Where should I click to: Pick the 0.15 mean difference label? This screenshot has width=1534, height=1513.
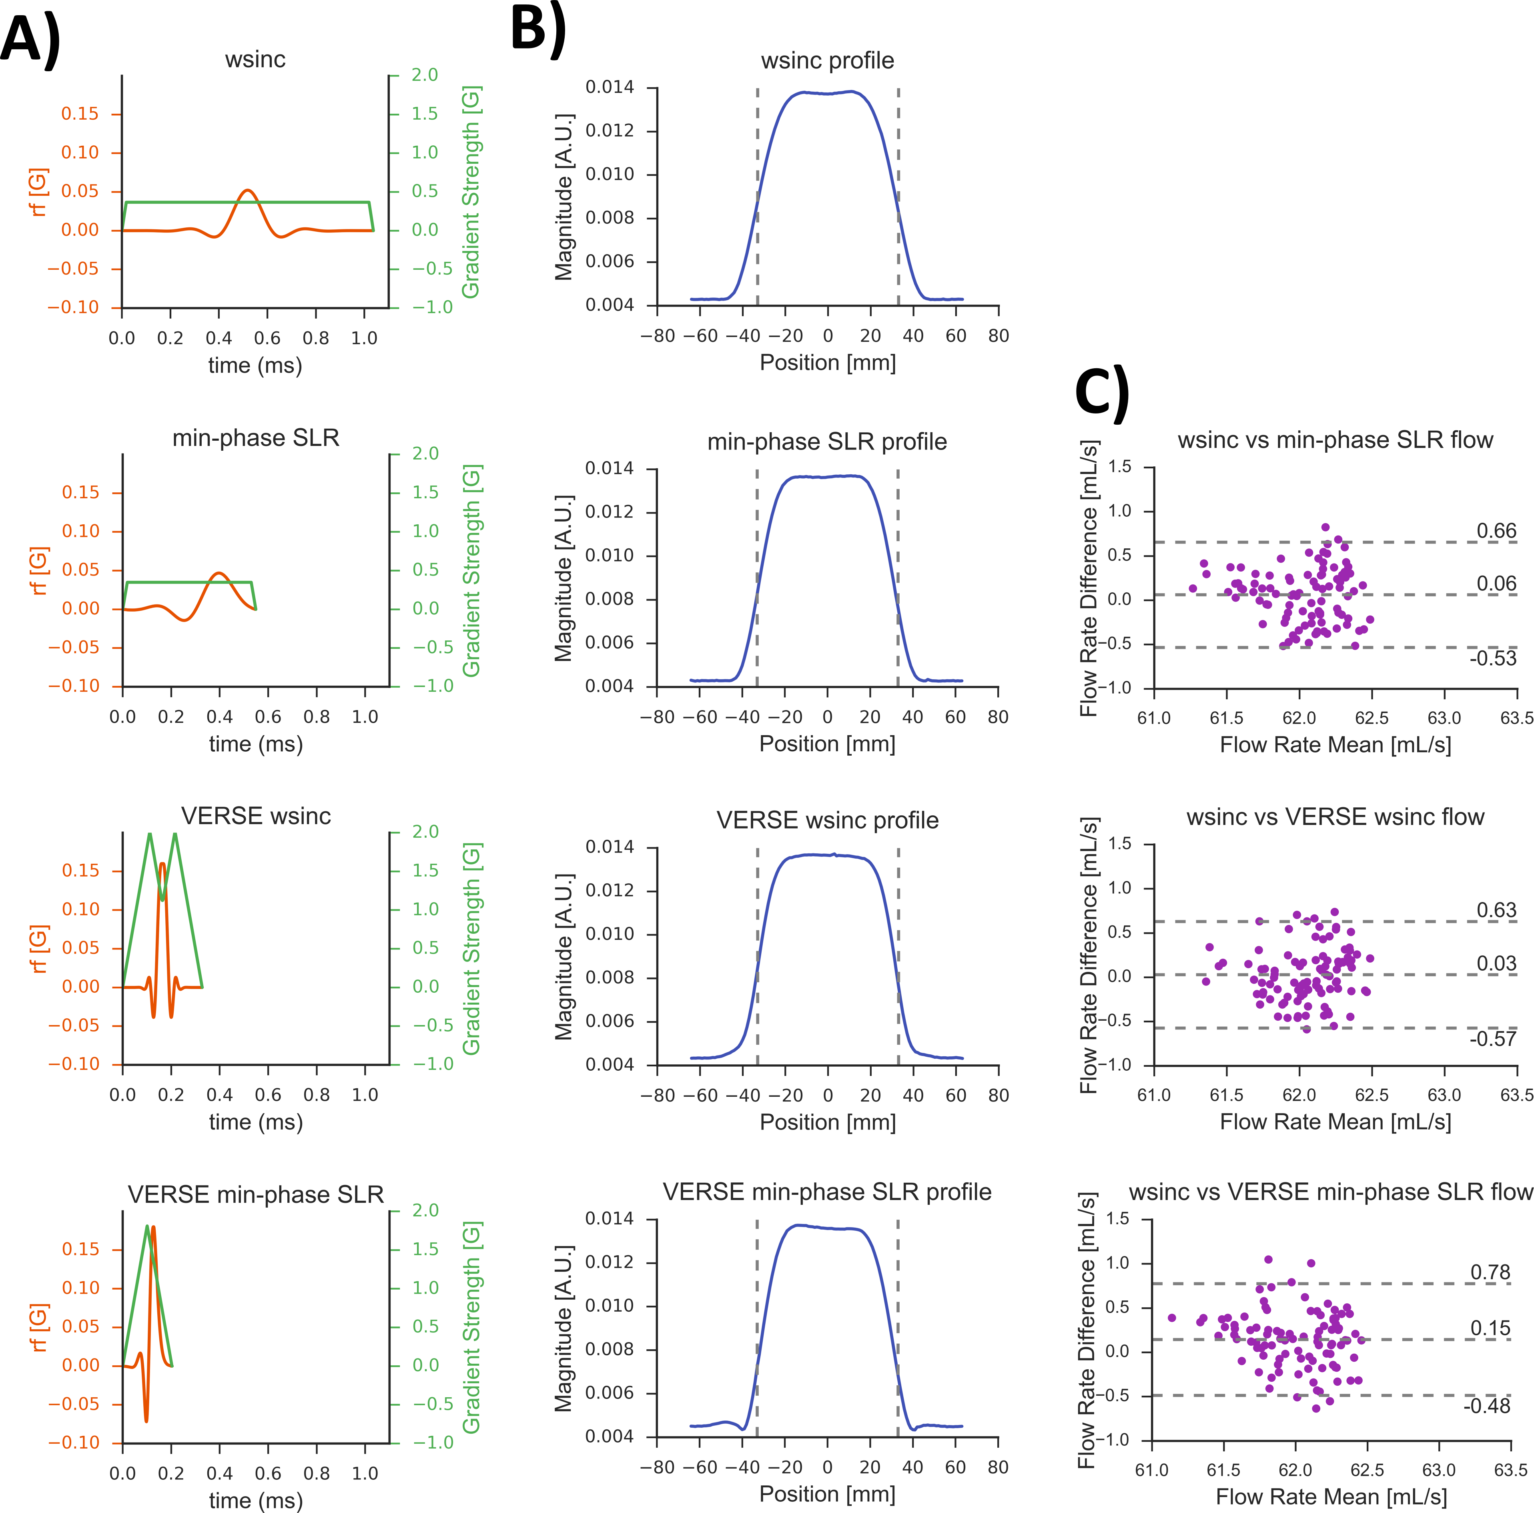(1490, 1328)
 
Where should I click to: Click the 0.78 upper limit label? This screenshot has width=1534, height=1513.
(1490, 1272)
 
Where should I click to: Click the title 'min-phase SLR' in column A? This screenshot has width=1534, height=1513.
(256, 437)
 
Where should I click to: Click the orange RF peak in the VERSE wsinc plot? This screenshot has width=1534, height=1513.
(163, 864)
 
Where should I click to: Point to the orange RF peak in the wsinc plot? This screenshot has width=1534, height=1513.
(248, 191)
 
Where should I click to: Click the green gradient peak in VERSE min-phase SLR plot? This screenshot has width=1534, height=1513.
(147, 1226)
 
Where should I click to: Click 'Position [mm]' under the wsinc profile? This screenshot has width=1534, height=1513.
(827, 363)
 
